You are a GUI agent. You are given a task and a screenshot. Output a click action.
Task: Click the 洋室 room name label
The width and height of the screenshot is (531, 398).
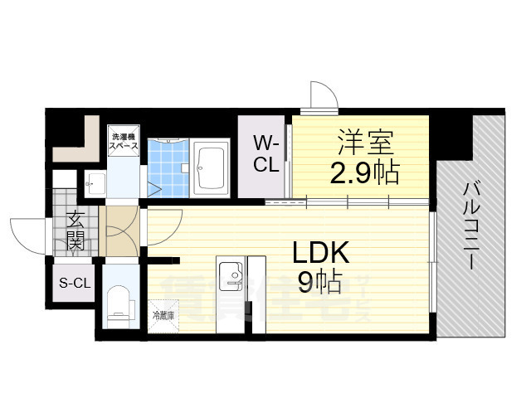(364, 143)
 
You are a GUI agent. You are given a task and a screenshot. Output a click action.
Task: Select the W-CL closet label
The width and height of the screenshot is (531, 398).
(265, 155)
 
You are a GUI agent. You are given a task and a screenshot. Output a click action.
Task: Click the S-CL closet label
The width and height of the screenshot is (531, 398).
(74, 283)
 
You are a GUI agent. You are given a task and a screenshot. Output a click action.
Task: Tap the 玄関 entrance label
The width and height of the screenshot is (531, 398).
(75, 231)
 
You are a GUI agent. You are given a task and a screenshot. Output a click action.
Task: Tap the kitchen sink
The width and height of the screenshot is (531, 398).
(229, 276)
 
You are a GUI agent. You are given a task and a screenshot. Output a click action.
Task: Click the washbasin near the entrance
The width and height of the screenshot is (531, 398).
(93, 183)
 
